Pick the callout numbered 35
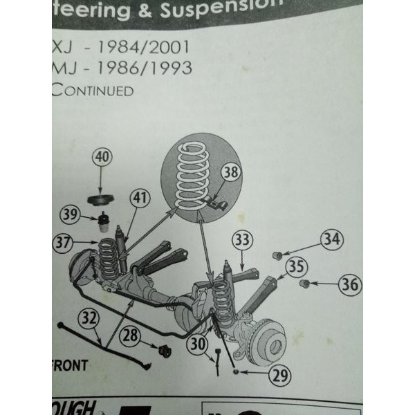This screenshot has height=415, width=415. (x=296, y=266)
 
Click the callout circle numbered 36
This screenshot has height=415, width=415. (x=349, y=284)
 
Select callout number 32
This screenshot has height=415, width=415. (x=87, y=320)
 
